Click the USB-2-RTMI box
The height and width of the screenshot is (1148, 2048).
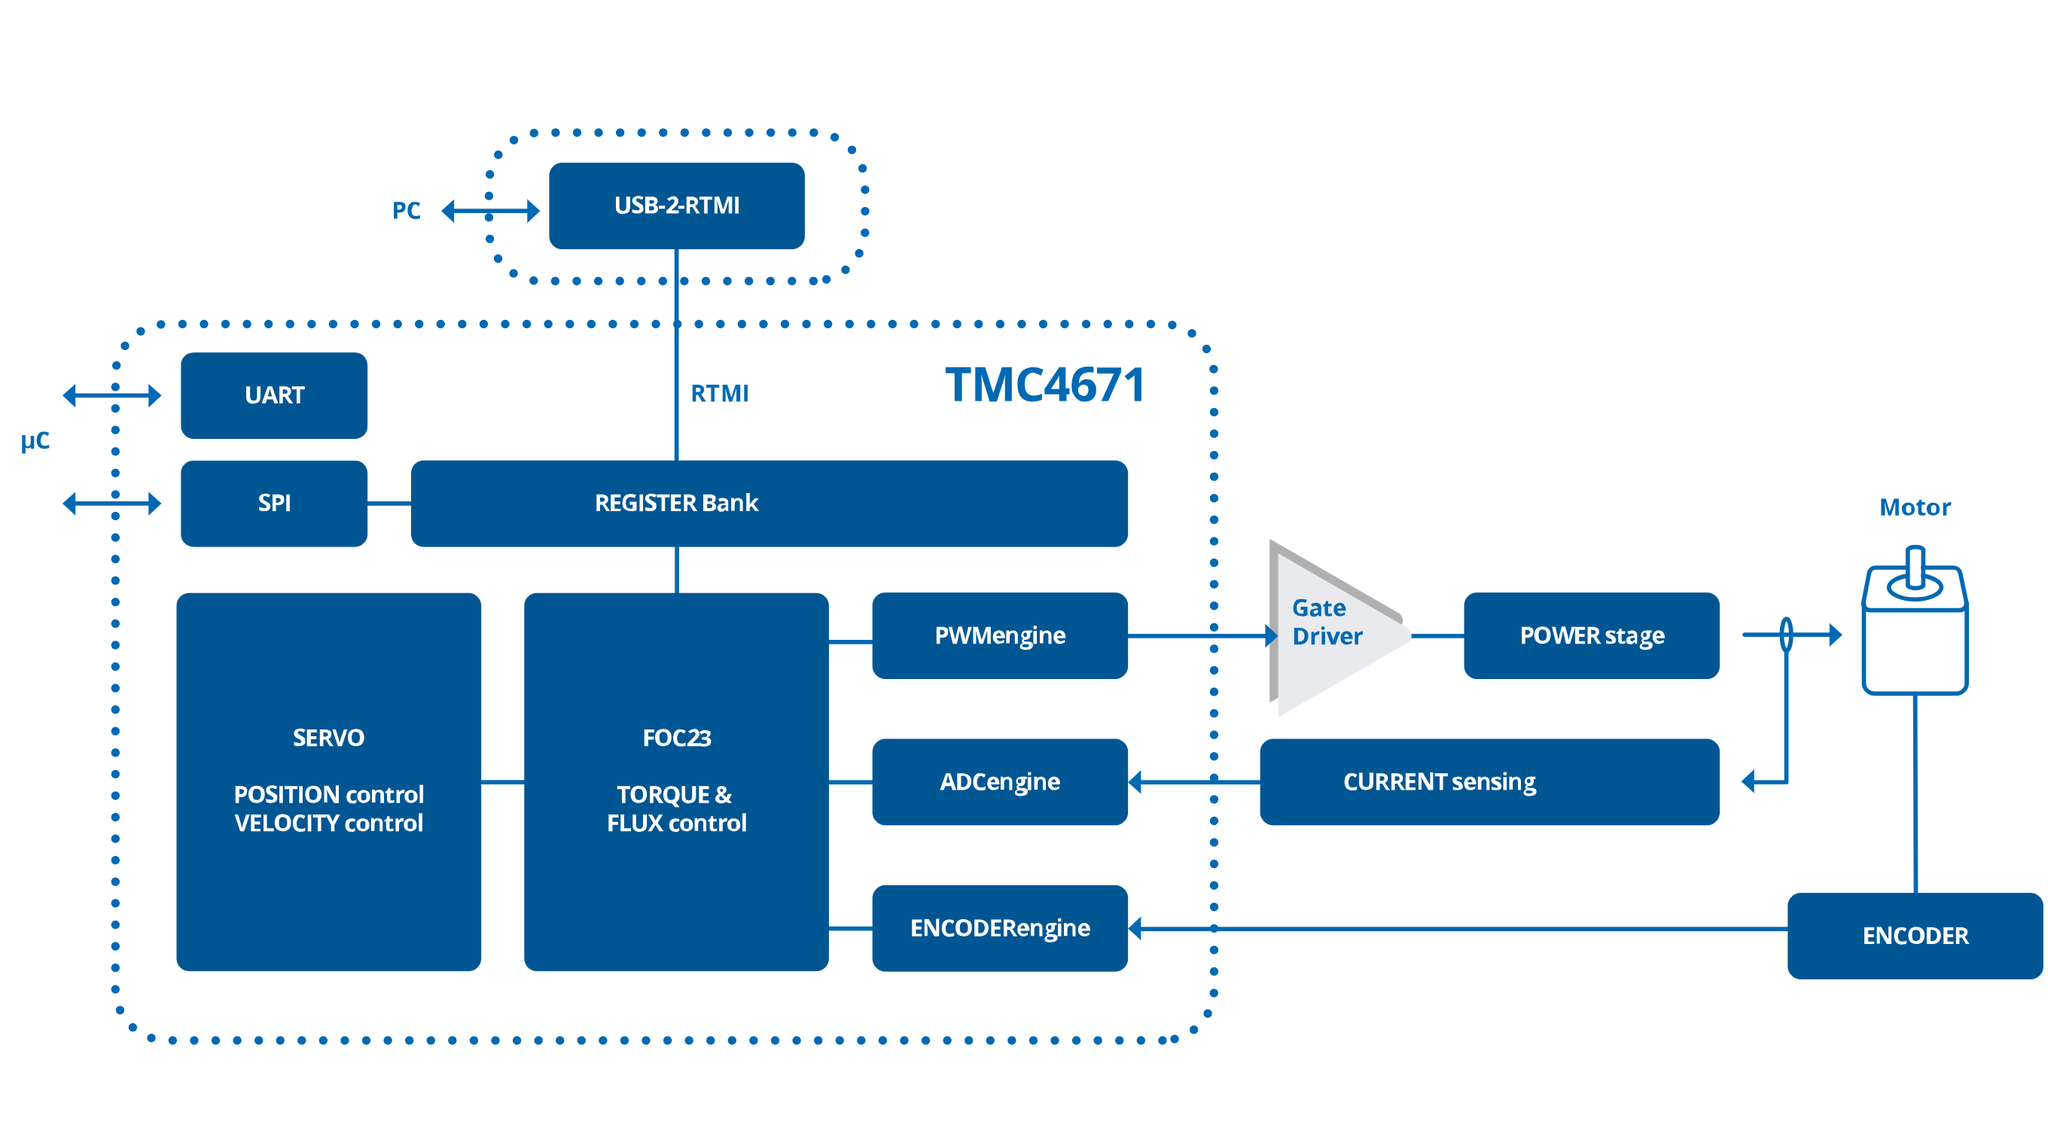[676, 205]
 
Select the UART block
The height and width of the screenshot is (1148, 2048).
[273, 395]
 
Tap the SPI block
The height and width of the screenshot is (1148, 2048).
[273, 503]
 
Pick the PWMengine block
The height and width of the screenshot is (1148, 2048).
[999, 635]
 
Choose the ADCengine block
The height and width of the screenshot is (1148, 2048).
[999, 781]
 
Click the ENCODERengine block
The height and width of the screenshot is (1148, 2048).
[999, 928]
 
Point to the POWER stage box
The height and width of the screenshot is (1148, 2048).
[1591, 635]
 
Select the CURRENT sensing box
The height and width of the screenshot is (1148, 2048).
[1488, 781]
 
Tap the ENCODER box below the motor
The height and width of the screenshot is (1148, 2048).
[1914, 935]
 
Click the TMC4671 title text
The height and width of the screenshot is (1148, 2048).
[1045, 385]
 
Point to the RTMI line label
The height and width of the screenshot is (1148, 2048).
[719, 393]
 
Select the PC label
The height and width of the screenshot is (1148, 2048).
[406, 211]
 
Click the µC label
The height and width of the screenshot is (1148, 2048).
[35, 441]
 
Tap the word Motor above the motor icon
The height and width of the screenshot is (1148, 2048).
[1914, 507]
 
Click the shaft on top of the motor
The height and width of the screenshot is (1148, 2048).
[1915, 567]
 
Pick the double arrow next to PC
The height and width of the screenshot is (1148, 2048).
[490, 211]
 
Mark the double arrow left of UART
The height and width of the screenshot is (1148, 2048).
[111, 395]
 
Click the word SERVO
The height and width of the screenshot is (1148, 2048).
[328, 738]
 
